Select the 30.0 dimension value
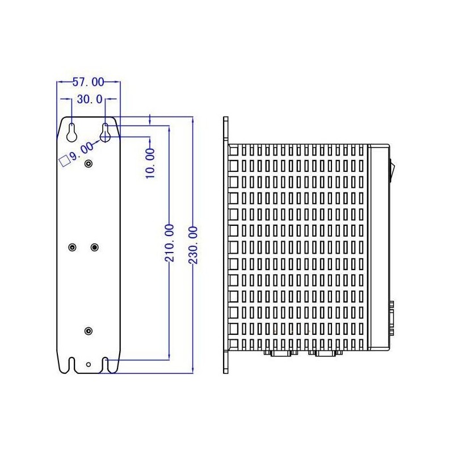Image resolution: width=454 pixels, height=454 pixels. click(89, 99)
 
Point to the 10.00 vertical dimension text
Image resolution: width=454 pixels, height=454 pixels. click(150, 163)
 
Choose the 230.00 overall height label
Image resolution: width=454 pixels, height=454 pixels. click(193, 243)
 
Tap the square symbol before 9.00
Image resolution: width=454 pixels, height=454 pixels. click(65, 159)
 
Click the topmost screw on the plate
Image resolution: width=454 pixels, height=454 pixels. click(89, 164)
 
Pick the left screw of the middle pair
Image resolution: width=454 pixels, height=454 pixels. click(72, 247)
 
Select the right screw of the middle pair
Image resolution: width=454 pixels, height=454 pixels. click(95, 247)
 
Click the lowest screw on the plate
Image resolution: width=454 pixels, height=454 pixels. click(89, 331)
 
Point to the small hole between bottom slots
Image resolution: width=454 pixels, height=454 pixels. click(89, 364)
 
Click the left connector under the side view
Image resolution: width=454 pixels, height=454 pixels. click(279, 354)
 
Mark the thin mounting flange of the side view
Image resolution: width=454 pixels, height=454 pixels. click(225, 245)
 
